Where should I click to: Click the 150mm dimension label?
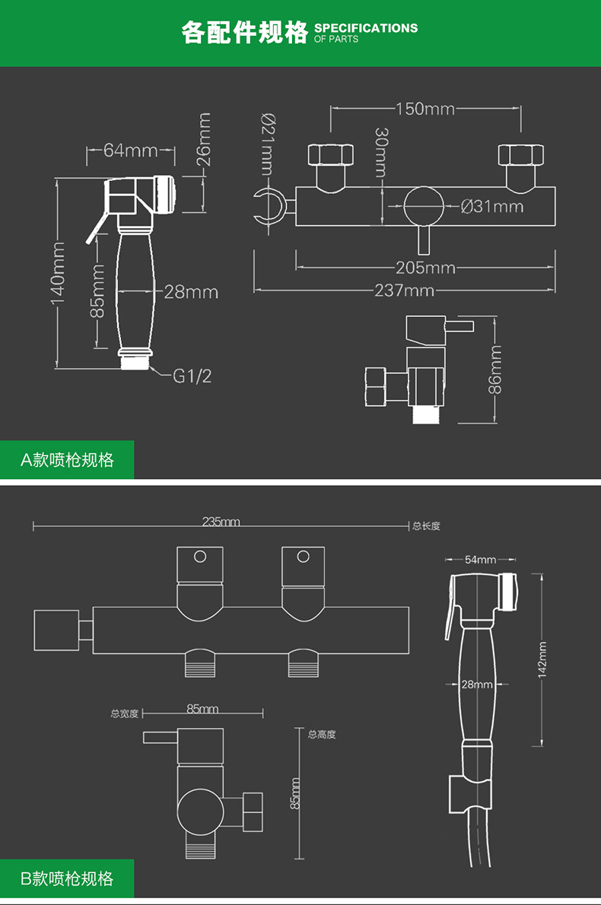(425, 109)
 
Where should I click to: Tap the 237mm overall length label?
(404, 290)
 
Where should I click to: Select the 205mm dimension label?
(425, 267)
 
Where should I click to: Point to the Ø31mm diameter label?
(492, 206)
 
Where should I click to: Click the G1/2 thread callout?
(192, 376)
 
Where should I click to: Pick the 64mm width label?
(131, 150)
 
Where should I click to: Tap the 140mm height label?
(58, 272)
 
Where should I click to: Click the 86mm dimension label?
(494, 370)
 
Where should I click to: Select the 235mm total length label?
(221, 522)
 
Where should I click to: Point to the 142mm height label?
(542, 659)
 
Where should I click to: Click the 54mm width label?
(480, 559)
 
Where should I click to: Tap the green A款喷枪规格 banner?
(67, 460)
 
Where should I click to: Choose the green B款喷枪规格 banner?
(67, 878)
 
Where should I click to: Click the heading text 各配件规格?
(245, 32)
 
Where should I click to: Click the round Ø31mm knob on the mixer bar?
(424, 206)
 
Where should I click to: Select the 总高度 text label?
(322, 734)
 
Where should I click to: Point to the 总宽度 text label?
(125, 714)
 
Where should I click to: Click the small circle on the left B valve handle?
(200, 557)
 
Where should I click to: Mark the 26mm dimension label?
(203, 139)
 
